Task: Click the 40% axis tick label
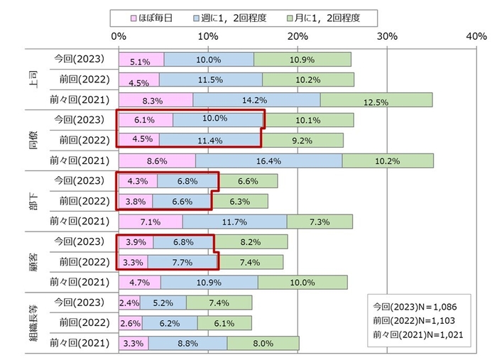476,35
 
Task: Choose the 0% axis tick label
119,35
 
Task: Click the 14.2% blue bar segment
256,100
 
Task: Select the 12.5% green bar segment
376,100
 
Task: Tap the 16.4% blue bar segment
268,160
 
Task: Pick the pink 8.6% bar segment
157,160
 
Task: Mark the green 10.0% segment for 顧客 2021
302,283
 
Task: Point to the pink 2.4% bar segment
129,303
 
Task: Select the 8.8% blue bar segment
187,344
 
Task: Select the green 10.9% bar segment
302,59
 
